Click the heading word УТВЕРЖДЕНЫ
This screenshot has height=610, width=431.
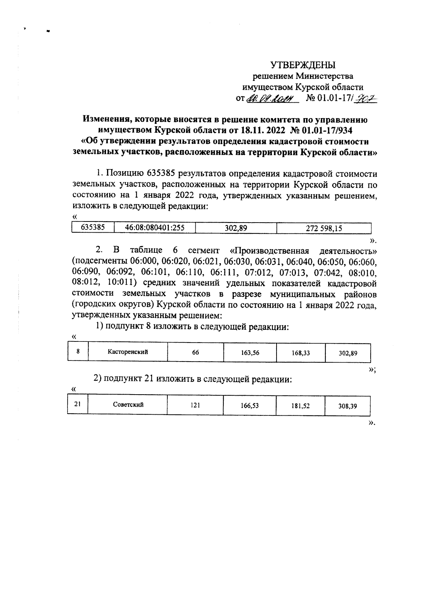[x=302, y=65]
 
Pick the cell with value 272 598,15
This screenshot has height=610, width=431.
[x=324, y=228]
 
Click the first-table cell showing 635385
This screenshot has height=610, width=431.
[x=93, y=228]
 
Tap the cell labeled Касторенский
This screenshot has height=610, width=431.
[x=128, y=352]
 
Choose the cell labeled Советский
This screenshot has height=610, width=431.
[x=128, y=405]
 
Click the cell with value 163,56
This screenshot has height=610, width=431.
[x=250, y=353]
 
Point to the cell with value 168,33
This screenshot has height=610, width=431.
[x=301, y=353]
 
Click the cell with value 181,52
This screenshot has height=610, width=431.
[x=301, y=405]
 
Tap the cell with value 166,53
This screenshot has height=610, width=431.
[x=250, y=405]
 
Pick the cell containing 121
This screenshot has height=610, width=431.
[x=195, y=405]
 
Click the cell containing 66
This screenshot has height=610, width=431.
[x=195, y=353]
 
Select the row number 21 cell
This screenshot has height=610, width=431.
[x=77, y=404]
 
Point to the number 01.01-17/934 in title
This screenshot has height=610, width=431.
[x=325, y=130]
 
